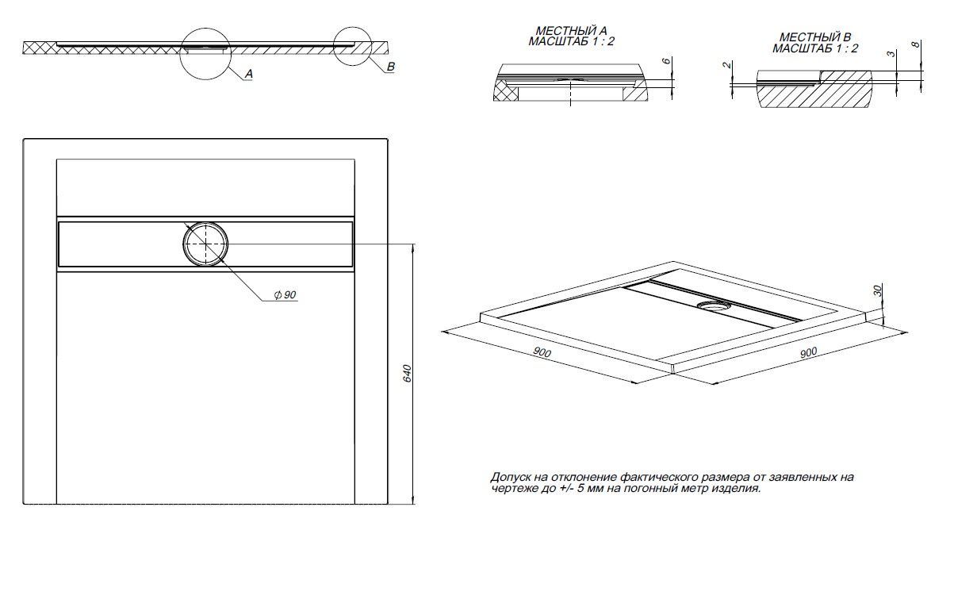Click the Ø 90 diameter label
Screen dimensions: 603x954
pyautogui.click(x=285, y=295)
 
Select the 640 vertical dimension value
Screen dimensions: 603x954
pyautogui.click(x=405, y=373)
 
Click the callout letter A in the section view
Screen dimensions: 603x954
pyautogui.click(x=248, y=74)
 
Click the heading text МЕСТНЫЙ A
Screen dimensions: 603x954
pyautogui.click(x=561, y=33)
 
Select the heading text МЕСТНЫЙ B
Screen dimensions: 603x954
pyautogui.click(x=815, y=37)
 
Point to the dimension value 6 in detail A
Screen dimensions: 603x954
pyautogui.click(x=666, y=62)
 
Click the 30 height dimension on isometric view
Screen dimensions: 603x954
pyautogui.click(x=877, y=291)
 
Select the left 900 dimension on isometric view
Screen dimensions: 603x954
pyautogui.click(x=542, y=352)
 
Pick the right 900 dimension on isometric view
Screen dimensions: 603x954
pyautogui.click(x=808, y=353)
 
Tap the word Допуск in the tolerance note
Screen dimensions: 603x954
pyautogui.click(x=509, y=478)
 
